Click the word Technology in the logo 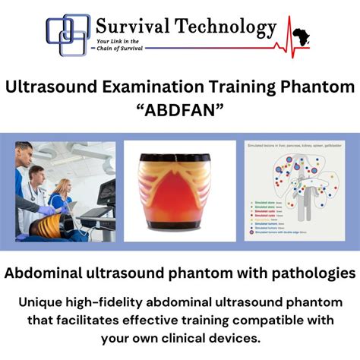[x=225, y=28]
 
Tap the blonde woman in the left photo [x=61, y=194]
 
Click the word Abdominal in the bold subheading [x=56, y=271]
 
